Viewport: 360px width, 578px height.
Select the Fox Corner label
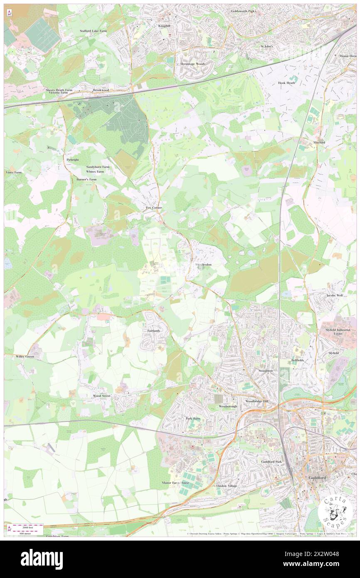click(153, 207)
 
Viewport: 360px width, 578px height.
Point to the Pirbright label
click(72, 160)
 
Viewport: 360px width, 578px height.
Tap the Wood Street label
click(101, 396)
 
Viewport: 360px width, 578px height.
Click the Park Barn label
click(192, 418)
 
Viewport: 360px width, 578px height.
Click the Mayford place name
click(319, 143)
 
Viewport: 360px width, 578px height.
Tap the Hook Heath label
click(286, 83)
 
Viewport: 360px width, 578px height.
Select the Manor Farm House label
click(175, 483)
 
